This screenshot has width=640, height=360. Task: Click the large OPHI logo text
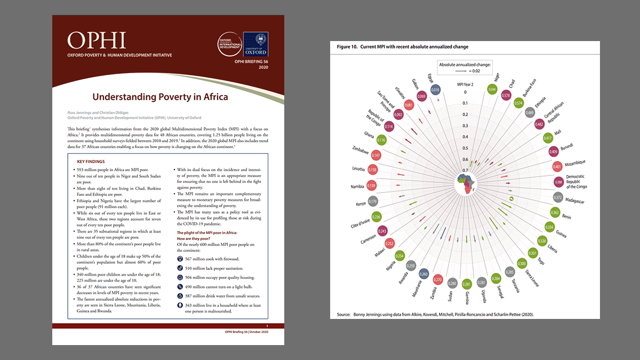pos(97,40)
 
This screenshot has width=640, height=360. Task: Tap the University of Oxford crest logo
pos(259,44)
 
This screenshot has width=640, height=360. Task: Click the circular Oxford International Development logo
pos(229,44)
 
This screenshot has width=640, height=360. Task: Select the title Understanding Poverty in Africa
pos(160,97)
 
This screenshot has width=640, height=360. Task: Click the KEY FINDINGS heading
pos(91,161)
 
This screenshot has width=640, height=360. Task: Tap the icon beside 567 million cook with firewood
pos(179,259)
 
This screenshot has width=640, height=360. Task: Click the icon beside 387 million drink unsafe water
pos(179,295)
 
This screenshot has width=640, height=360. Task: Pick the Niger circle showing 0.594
pos(492,90)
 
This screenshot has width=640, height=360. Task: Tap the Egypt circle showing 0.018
pos(436,90)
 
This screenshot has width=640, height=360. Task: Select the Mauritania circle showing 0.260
pos(423,274)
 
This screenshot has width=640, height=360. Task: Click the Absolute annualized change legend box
pos(465,67)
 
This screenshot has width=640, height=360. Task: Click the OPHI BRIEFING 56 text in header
pos(251,62)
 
